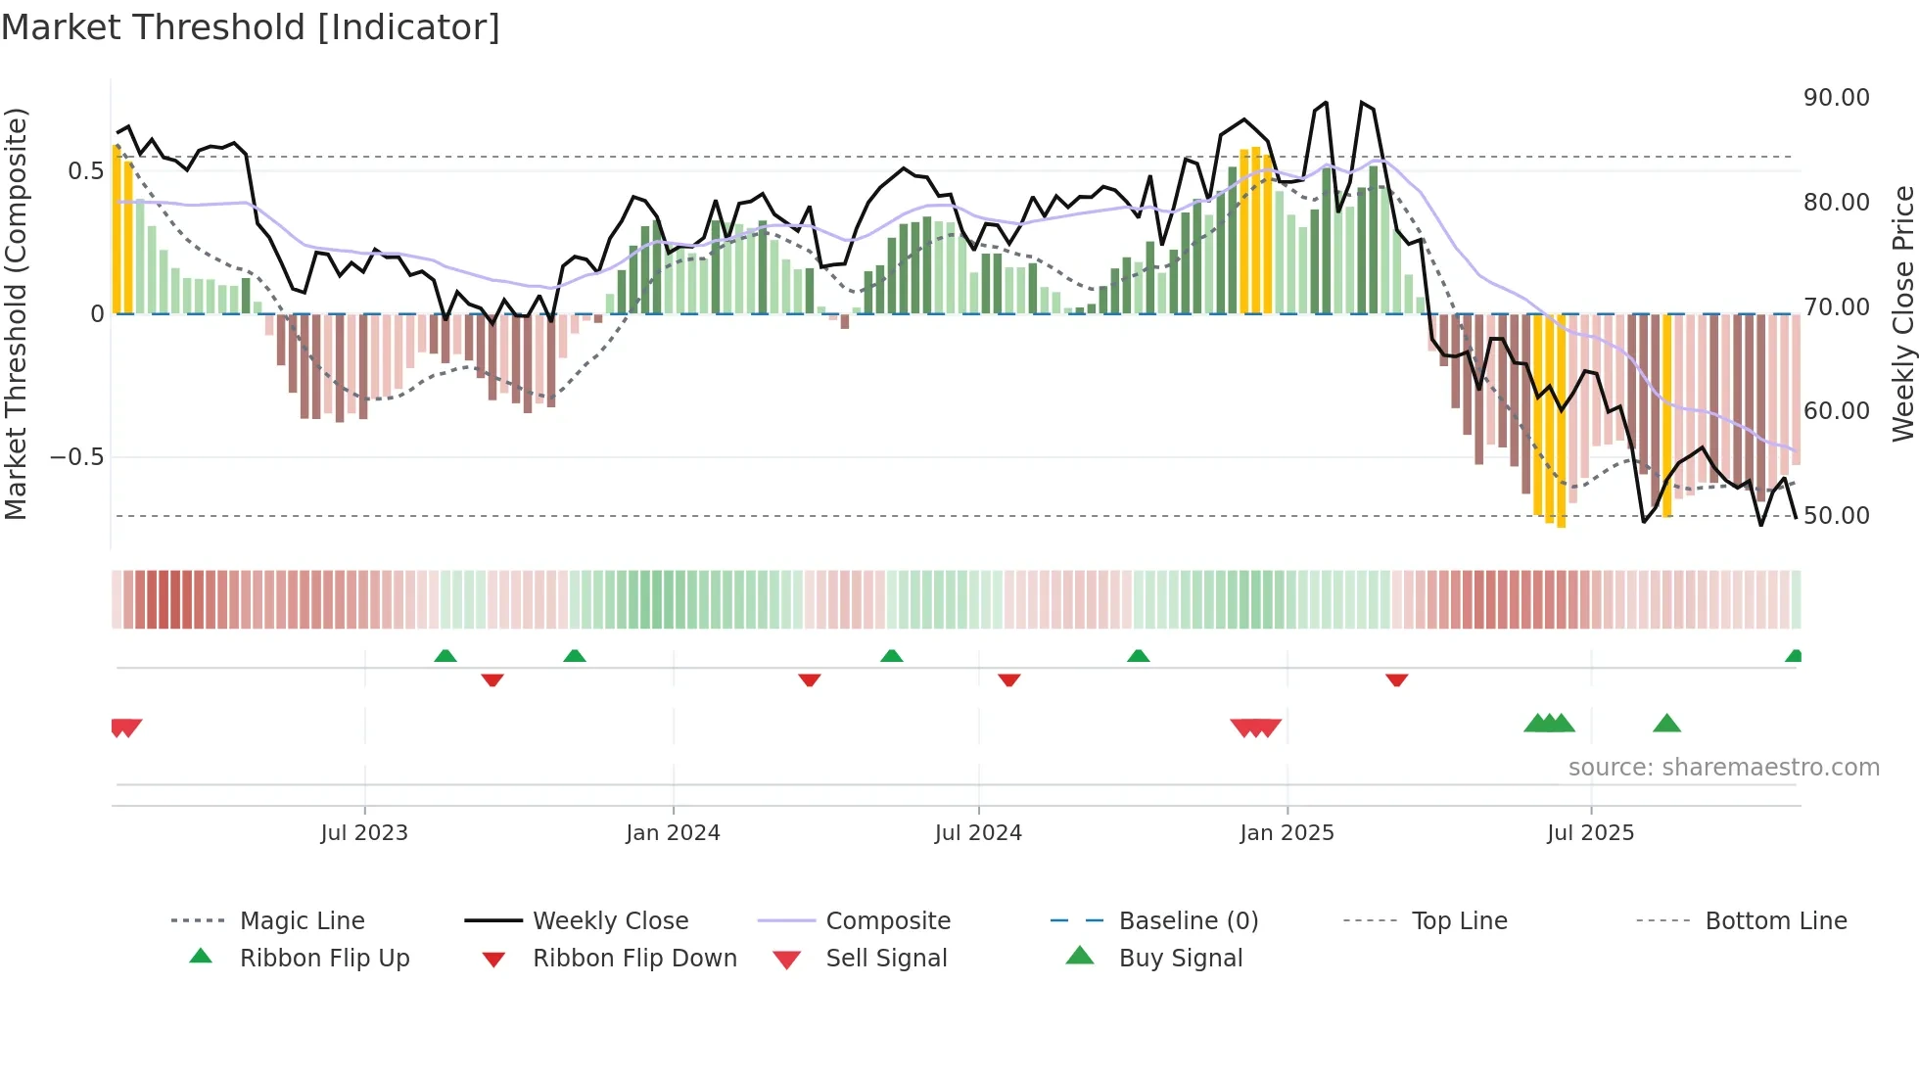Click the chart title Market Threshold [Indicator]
click(x=251, y=27)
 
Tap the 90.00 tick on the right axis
click(x=1836, y=98)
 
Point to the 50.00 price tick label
click(x=1836, y=516)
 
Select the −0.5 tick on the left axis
click(x=76, y=457)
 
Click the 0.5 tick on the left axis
click(x=85, y=171)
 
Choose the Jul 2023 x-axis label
click(x=364, y=833)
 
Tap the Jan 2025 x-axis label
click(x=1287, y=833)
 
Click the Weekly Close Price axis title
click(x=1902, y=313)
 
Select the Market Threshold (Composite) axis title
click(x=16, y=313)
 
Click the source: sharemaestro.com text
click(x=1723, y=768)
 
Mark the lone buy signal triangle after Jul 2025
click(x=1666, y=725)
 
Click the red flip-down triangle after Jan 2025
click(x=1397, y=680)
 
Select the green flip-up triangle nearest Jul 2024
click(x=891, y=656)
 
